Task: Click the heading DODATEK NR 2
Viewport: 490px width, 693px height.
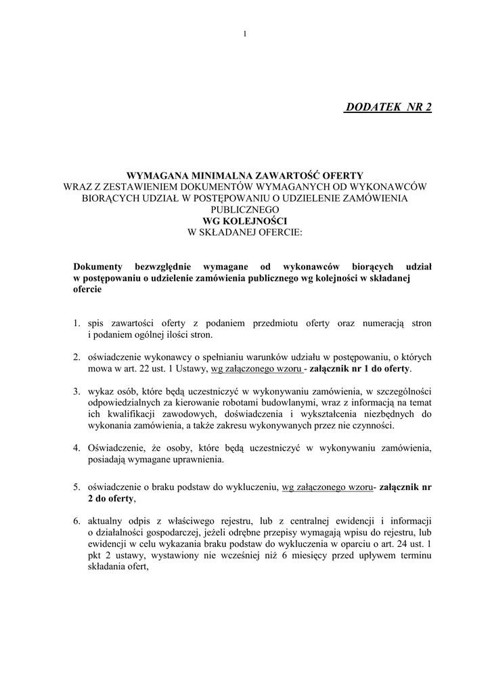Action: [388, 108]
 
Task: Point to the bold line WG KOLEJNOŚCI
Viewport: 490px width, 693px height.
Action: [245, 221]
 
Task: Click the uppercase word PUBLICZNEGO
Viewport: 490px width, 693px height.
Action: [245, 209]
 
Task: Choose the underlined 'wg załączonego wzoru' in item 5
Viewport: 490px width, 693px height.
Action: [328, 487]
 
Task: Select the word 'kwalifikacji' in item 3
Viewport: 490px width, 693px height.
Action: [123, 414]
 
